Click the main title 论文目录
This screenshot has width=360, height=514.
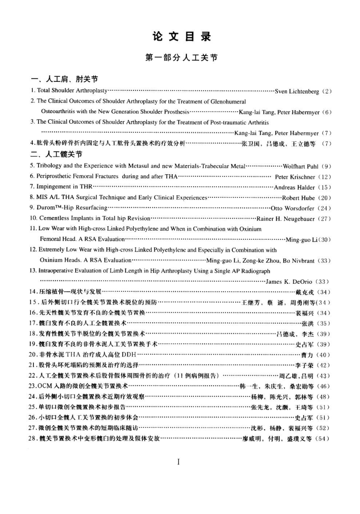(180, 36)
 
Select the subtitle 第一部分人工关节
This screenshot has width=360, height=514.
(180, 58)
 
